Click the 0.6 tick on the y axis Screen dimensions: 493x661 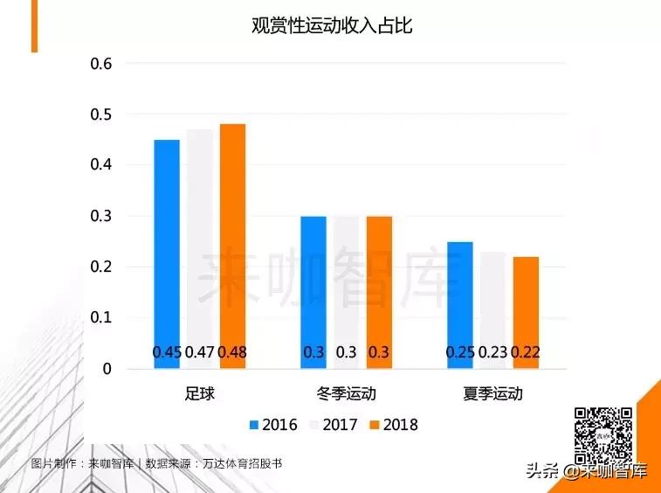click(x=102, y=64)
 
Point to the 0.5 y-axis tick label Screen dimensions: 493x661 click(x=102, y=115)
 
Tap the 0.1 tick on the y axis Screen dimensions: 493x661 click(x=102, y=318)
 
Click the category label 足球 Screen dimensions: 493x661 click(x=200, y=394)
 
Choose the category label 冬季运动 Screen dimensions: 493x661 click(x=347, y=394)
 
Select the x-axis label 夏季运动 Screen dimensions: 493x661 click(x=493, y=394)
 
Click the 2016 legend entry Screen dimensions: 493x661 click(x=272, y=425)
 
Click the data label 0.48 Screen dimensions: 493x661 click(x=232, y=352)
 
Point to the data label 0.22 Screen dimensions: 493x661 click(x=527, y=352)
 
